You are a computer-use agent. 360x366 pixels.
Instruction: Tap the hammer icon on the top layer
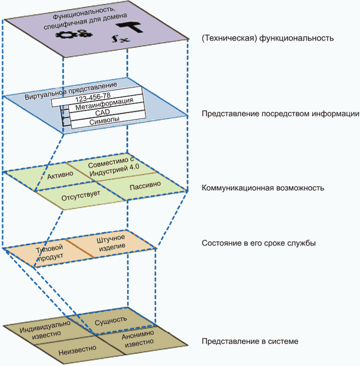tap(129, 27)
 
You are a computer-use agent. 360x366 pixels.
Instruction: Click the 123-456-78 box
tap(96, 96)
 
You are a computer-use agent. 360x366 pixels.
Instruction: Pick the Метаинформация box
tap(104, 105)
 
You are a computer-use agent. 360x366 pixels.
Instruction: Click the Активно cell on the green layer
tap(61, 175)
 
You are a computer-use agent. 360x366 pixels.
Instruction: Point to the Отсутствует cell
tap(80, 197)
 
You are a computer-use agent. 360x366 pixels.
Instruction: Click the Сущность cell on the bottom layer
tap(111, 319)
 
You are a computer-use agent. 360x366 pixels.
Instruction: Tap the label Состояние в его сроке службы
tap(259, 243)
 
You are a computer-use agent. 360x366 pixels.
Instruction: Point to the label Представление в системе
tap(250, 342)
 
